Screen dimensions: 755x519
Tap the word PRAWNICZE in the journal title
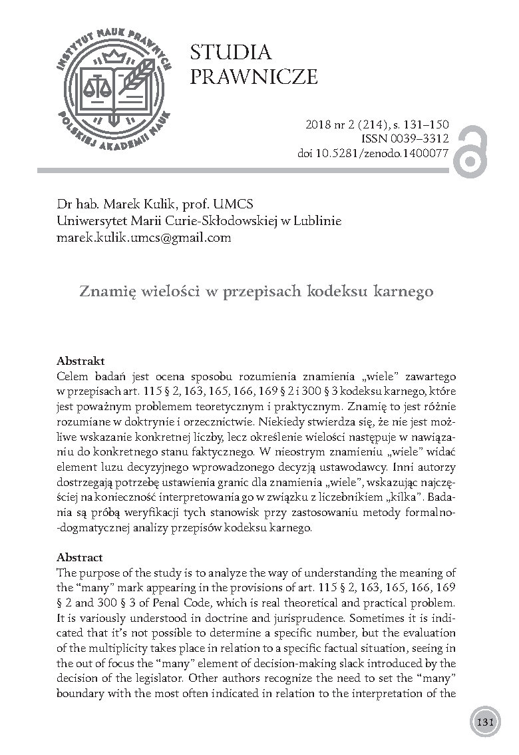tap(254, 77)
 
